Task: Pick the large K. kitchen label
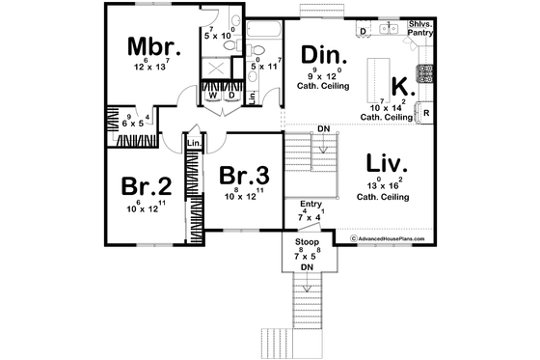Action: (x=404, y=85)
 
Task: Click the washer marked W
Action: (x=212, y=96)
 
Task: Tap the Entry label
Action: (x=310, y=205)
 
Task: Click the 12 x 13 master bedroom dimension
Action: (x=149, y=66)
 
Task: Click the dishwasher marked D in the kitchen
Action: (x=363, y=32)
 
